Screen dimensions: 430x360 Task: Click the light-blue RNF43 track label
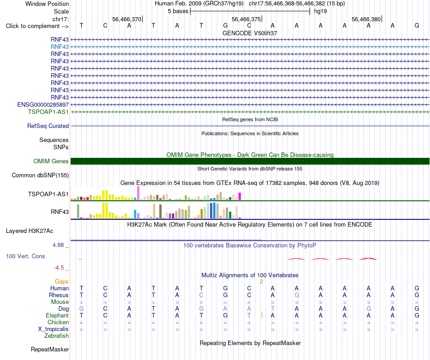[59, 47]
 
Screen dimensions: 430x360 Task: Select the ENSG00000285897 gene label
[43, 104]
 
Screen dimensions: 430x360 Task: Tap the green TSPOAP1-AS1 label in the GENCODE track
[48, 112]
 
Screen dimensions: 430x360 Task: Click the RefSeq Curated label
[48, 126]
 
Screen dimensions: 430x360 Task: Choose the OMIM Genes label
[51, 161]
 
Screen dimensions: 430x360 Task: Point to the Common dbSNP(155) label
[40, 175]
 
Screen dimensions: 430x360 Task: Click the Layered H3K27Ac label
[29, 231]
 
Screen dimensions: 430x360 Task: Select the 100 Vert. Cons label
[25, 256]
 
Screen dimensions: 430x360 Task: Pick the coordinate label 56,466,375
[246, 19]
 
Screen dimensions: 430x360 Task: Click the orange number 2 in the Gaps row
[261, 282]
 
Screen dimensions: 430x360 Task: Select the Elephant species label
[57, 316]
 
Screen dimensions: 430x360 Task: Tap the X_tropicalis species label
[53, 329]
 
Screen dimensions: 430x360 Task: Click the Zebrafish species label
[57, 336]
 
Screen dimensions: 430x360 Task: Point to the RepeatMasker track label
[50, 349]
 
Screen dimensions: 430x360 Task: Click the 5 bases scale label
[178, 11]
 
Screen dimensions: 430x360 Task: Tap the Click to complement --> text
[37, 26]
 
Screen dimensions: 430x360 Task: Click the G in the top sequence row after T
[225, 25]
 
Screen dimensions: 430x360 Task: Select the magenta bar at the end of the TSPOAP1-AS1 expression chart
[240, 196]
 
